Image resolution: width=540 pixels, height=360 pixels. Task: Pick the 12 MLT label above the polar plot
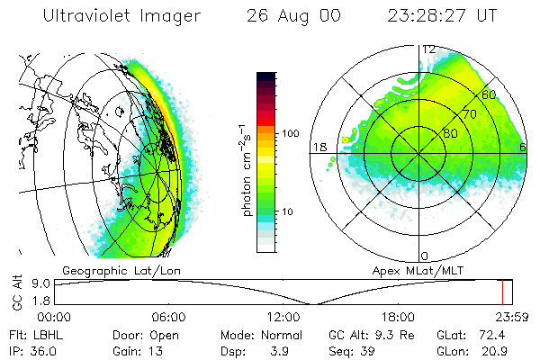click(x=429, y=49)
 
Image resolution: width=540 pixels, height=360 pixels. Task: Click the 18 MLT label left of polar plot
click(x=318, y=147)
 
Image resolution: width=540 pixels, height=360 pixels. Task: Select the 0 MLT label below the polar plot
click(x=425, y=256)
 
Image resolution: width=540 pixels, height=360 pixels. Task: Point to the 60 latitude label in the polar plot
click(x=490, y=94)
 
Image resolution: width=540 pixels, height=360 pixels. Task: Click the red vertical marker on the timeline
click(x=503, y=292)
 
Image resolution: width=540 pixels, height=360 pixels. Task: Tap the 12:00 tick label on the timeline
click(x=283, y=317)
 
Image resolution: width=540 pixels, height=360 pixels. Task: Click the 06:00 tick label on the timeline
click(x=168, y=317)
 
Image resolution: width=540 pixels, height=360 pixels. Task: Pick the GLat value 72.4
click(x=497, y=335)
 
